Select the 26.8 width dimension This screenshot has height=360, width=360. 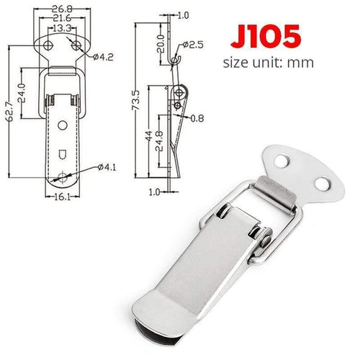click(x=61, y=9)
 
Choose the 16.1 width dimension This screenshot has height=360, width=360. click(x=60, y=194)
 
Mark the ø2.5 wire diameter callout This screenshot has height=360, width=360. click(x=194, y=45)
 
